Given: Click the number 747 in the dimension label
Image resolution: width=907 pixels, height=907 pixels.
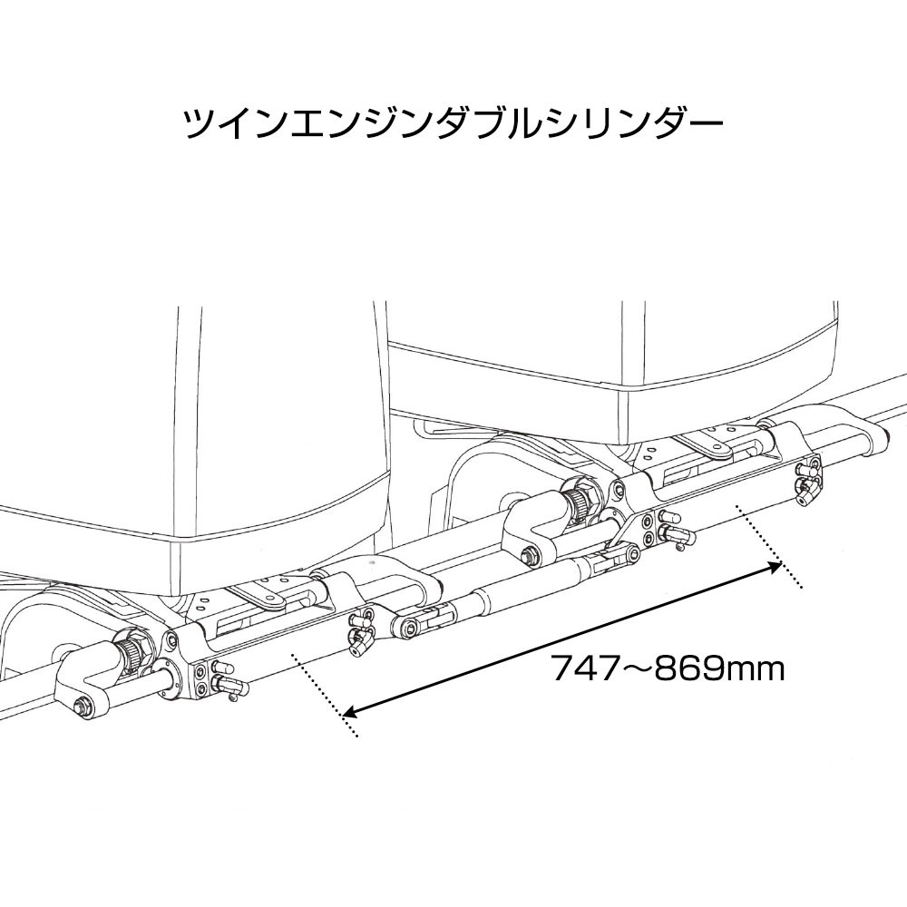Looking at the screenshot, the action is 585,669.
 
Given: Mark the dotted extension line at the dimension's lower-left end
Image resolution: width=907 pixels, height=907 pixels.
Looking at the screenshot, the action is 327,696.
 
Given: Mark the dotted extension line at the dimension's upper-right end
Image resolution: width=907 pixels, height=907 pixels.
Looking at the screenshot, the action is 769,546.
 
